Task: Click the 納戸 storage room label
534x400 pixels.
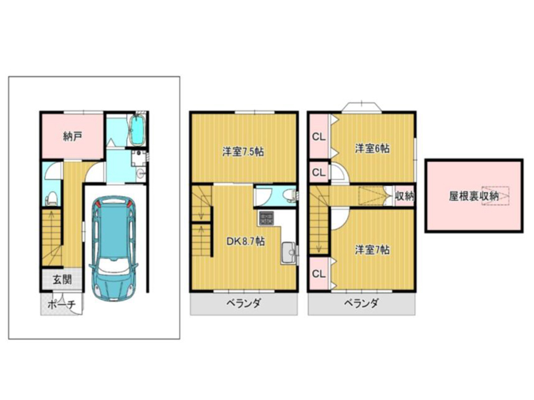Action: [73, 137]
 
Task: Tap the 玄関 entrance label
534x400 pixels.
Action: [62, 279]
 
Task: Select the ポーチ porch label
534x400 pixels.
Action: [61, 305]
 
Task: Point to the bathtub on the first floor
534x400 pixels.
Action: [138, 131]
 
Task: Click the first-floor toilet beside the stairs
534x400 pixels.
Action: [52, 198]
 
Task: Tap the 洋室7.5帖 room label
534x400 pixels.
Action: [243, 151]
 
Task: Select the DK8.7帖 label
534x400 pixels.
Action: [246, 241]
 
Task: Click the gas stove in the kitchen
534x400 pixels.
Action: [266, 218]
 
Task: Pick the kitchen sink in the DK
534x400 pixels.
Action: [289, 253]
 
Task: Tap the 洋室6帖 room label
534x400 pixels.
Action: [372, 148]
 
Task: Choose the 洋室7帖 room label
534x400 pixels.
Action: [372, 250]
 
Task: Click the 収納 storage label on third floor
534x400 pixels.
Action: [405, 196]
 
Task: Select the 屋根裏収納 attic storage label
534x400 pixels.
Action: [474, 196]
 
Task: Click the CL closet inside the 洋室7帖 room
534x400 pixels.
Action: [319, 274]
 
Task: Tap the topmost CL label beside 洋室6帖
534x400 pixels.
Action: [319, 137]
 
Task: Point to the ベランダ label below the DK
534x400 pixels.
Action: [244, 303]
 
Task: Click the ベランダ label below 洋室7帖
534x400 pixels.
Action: [361, 303]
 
